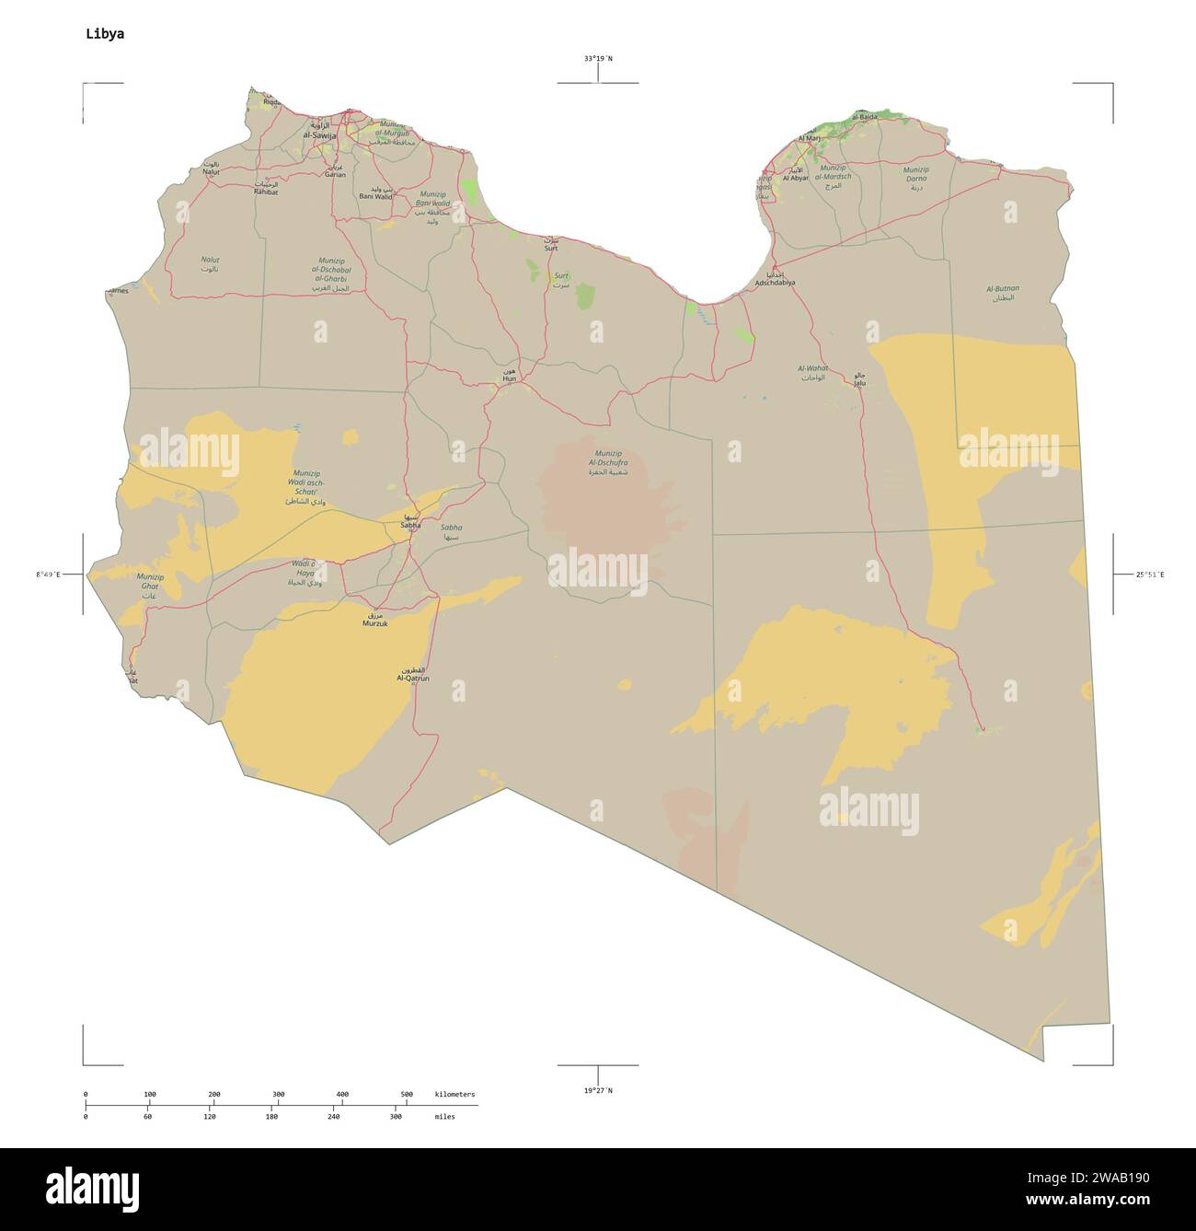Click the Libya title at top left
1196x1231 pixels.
(x=105, y=34)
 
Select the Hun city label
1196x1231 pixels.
(x=509, y=378)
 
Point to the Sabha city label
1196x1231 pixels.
(x=410, y=525)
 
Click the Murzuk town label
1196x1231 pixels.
(x=375, y=623)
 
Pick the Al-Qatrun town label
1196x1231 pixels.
(x=413, y=678)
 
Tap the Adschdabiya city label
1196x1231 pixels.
(x=775, y=283)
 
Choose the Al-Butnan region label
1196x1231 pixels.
(x=1003, y=288)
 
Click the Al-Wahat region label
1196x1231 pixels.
(x=813, y=368)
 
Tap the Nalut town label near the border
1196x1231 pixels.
(x=211, y=172)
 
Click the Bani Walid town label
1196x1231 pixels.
(x=375, y=196)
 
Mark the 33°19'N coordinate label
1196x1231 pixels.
(x=598, y=59)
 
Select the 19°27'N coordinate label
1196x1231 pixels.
(x=598, y=1090)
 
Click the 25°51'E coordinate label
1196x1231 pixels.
(x=1149, y=575)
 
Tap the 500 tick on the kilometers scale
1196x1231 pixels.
(x=407, y=1094)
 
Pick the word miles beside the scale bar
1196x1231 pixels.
(x=444, y=1116)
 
